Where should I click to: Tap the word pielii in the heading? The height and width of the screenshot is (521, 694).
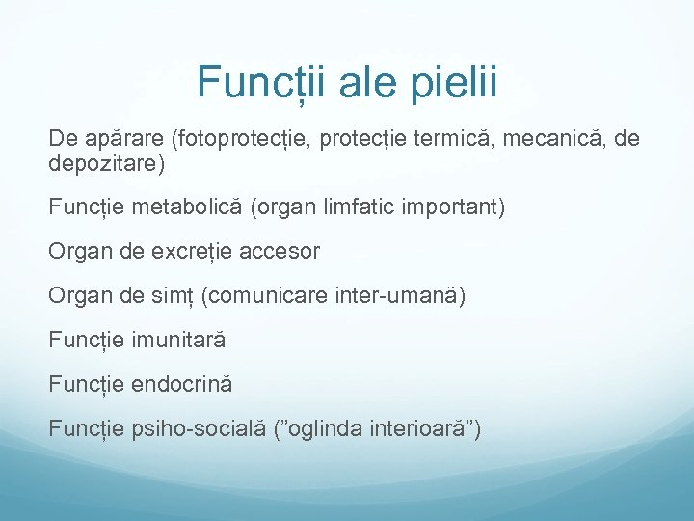pos(452,82)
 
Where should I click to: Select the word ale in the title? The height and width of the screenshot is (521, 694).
pos(365,82)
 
